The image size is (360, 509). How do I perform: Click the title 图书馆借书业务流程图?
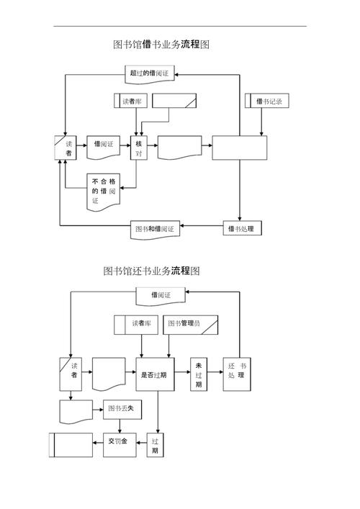pyautogui.click(x=161, y=45)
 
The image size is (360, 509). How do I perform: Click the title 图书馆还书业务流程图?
pyautogui.click(x=151, y=271)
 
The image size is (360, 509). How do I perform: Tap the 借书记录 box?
pyautogui.click(x=267, y=102)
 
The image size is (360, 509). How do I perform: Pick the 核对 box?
pyautogui.click(x=138, y=148)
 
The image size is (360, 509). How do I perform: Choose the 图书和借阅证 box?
pyautogui.click(x=155, y=229)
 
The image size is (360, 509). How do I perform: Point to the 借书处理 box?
pyautogui.click(x=242, y=229)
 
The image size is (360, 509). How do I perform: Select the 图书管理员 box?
pyautogui.click(x=190, y=324)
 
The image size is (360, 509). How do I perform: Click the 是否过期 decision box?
pyautogui.click(x=154, y=374)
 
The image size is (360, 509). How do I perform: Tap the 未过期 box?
pyautogui.click(x=199, y=374)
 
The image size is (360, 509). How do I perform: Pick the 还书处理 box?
pyautogui.click(x=237, y=374)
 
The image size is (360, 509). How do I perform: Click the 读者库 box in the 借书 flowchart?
pyautogui.click(x=130, y=102)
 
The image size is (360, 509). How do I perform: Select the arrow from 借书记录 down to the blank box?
pyautogui.click(x=261, y=122)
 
